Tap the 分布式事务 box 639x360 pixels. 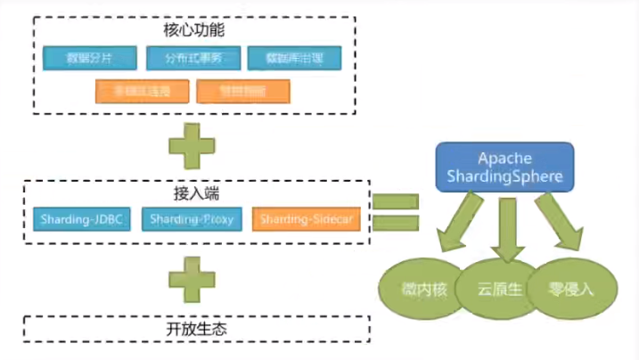pyautogui.click(x=191, y=59)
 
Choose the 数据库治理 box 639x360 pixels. pyautogui.click(x=293, y=59)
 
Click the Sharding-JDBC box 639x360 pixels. pyautogui.click(x=81, y=218)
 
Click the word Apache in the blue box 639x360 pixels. pyautogui.click(x=504, y=158)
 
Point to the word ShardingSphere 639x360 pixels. pyautogui.click(x=504, y=176)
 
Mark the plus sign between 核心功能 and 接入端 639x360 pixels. pyautogui.click(x=192, y=145)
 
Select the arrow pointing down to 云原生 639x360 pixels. pyautogui.click(x=508, y=228)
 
